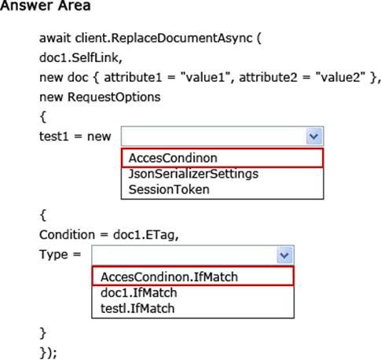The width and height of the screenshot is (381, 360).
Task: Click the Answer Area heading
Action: tap(46, 6)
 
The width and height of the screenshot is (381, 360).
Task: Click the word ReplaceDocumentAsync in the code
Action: tap(182, 39)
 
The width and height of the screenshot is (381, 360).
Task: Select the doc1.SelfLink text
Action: tap(81, 57)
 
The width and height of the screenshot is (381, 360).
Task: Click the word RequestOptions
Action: tap(114, 97)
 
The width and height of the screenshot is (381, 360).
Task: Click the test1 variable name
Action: tap(53, 136)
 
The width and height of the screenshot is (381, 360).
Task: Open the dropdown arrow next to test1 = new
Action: tap(314, 136)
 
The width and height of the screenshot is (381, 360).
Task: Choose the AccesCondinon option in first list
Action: tap(173, 158)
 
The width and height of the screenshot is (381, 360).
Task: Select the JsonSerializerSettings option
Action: tap(193, 174)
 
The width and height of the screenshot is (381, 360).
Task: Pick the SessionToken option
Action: tap(169, 189)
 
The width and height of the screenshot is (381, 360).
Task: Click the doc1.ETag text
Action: tap(146, 235)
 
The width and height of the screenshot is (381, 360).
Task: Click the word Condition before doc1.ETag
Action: tap(67, 234)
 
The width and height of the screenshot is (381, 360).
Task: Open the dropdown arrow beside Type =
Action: tap(284, 255)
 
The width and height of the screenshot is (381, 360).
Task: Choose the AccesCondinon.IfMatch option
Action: tap(169, 277)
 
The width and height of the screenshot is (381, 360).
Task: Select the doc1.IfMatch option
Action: tap(139, 292)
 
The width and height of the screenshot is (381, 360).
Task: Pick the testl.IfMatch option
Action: tap(137, 308)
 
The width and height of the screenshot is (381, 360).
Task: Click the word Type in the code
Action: tap(53, 255)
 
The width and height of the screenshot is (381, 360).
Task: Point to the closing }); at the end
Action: tap(49, 353)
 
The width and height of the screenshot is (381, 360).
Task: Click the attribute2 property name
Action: tap(268, 77)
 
